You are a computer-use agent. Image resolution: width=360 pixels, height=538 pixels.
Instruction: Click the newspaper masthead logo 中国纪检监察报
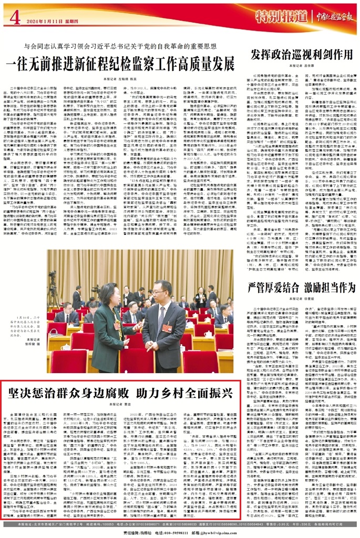[329, 15]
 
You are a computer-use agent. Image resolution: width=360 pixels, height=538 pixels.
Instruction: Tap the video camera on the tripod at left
[53, 278]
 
